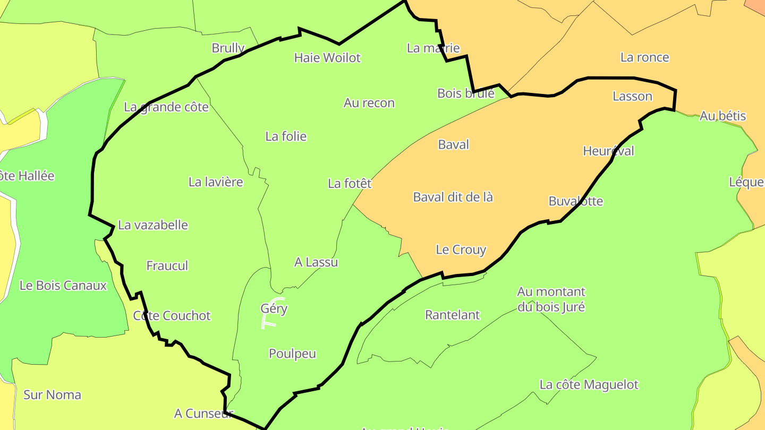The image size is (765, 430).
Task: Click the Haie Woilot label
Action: [x=327, y=57]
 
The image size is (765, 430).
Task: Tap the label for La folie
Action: [x=286, y=136]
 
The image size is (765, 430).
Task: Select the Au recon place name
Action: [x=369, y=103]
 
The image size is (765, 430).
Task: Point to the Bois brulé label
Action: [x=466, y=93]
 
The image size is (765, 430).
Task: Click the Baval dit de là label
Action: [x=453, y=197]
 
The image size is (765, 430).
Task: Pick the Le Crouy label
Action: [x=461, y=250]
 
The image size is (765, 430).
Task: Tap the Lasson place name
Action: [x=632, y=96]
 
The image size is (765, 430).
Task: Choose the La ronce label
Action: [x=645, y=57]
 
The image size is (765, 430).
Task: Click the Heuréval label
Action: [x=608, y=151]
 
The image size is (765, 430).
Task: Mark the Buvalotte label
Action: [x=576, y=201]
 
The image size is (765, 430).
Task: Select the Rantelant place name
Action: [x=453, y=315]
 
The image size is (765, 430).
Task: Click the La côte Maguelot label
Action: [x=589, y=384]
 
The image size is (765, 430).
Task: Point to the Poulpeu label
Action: [x=292, y=354]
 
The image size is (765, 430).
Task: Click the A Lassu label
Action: [x=316, y=262]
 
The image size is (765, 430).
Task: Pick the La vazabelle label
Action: [x=153, y=225]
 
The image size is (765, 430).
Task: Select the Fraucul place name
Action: [x=167, y=265]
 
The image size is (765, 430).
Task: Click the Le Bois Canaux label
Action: [x=63, y=285]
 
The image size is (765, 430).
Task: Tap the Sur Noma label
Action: [x=53, y=394]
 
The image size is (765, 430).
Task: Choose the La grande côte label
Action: [x=166, y=107]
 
